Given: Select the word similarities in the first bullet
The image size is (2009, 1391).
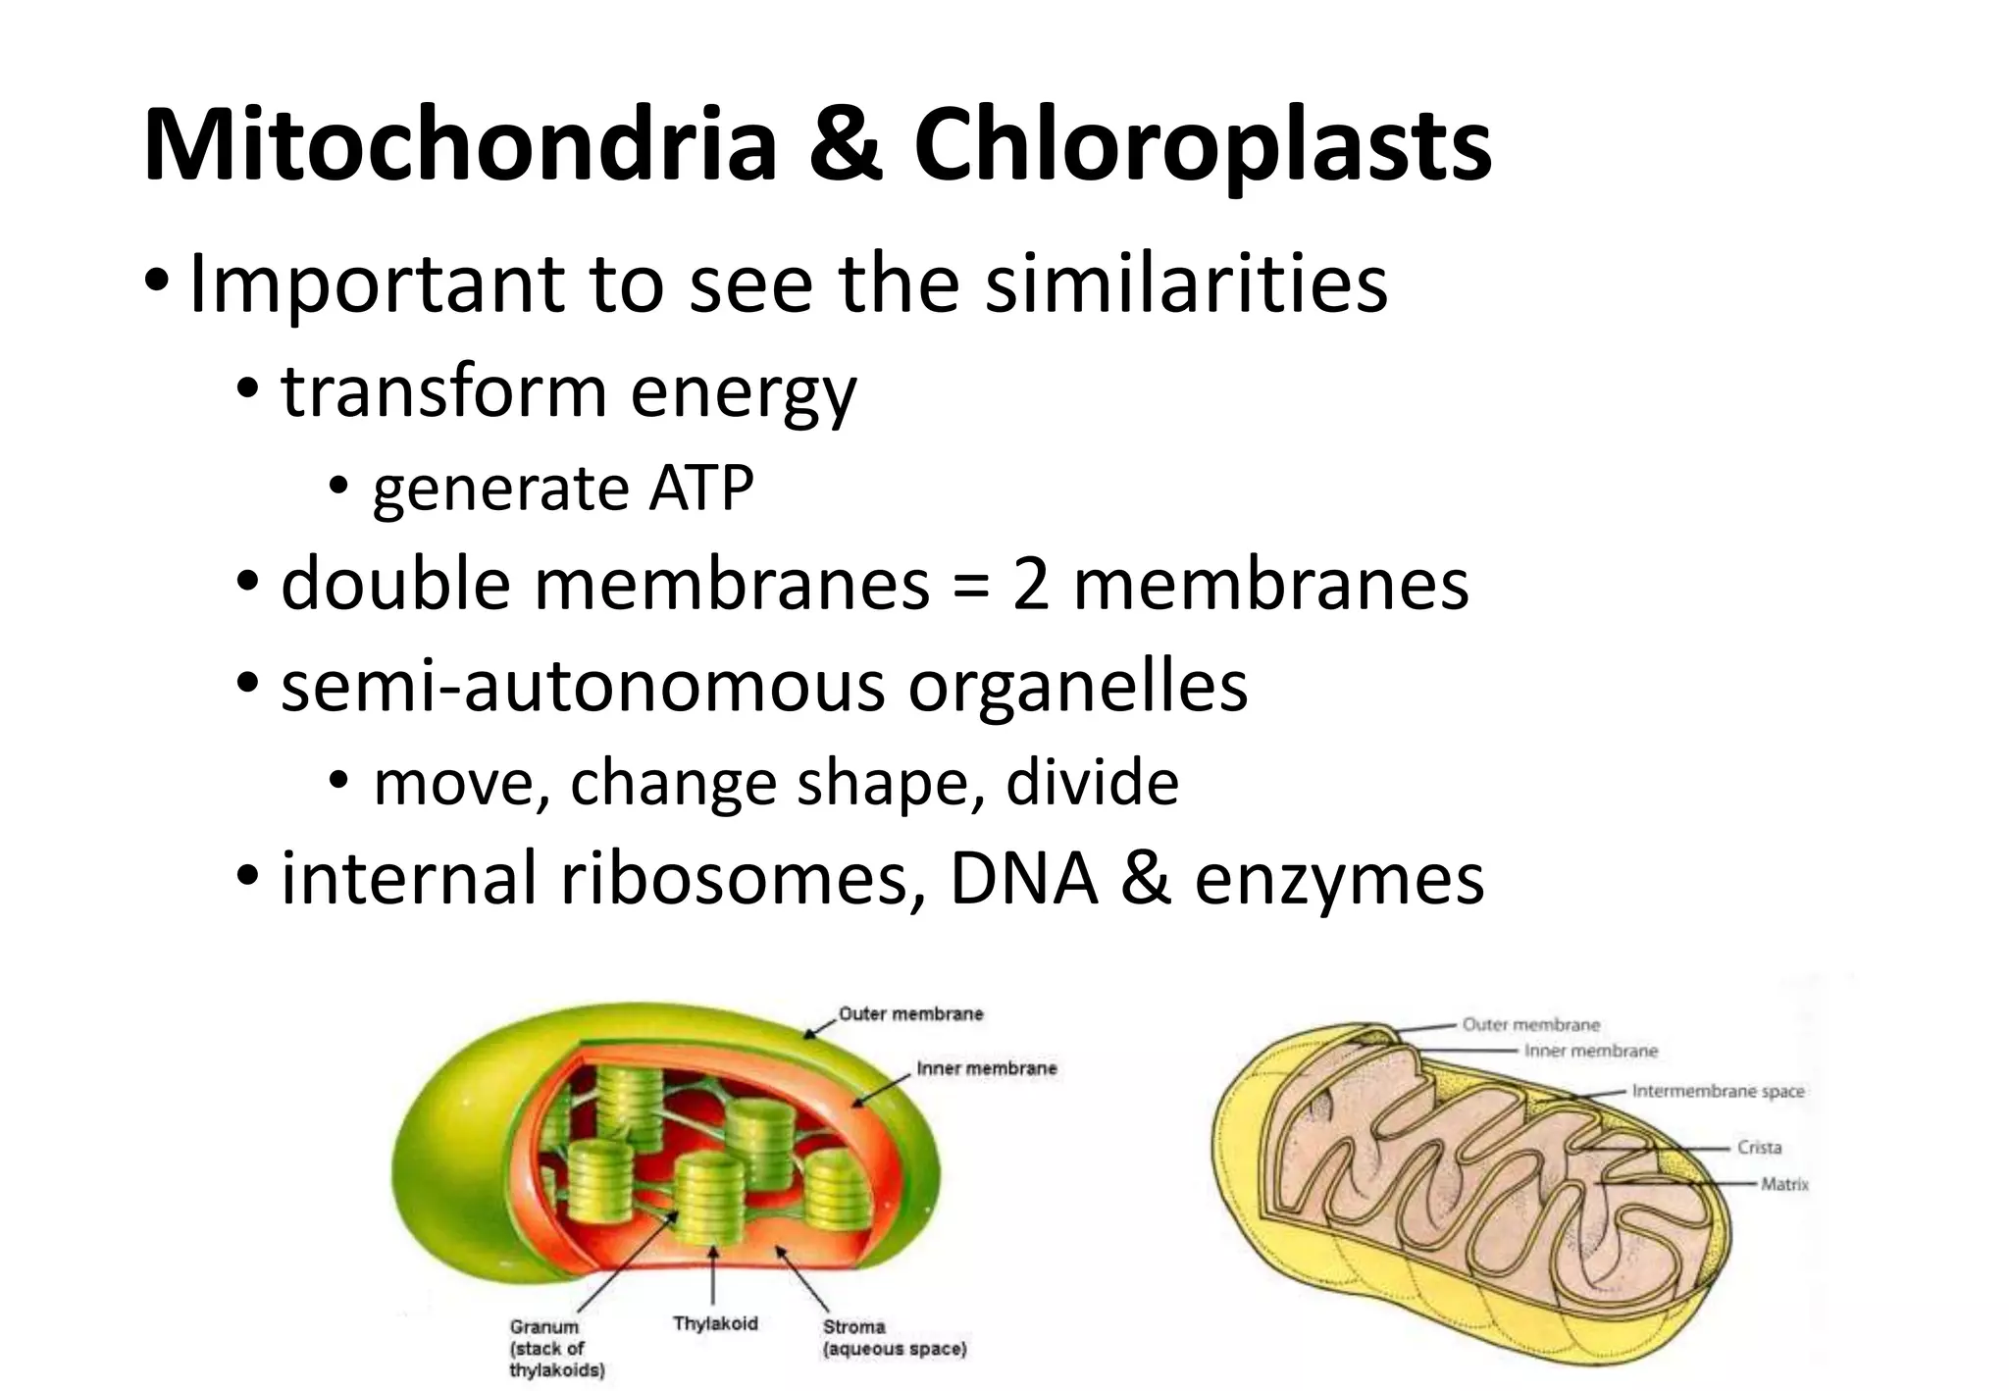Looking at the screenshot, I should [x=1186, y=283].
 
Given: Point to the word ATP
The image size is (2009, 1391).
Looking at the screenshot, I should [x=700, y=488].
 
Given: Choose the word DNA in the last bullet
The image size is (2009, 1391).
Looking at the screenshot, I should [x=1023, y=878].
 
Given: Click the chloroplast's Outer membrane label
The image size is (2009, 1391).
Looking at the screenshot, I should [x=910, y=1013].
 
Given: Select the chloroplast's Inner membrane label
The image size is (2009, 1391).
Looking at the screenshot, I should [x=986, y=1068].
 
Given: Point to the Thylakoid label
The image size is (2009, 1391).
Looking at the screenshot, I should [x=715, y=1323].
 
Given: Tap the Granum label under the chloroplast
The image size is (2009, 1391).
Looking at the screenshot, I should [x=544, y=1326].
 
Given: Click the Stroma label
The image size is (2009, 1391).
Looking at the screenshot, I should [x=853, y=1326].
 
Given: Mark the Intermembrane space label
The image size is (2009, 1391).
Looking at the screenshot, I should [x=1718, y=1091].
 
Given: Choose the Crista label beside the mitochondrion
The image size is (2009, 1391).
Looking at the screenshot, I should [x=1759, y=1147].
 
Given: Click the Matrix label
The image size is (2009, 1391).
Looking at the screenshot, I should [x=1784, y=1184].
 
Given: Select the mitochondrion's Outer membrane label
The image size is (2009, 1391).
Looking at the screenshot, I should [x=1530, y=1024].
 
